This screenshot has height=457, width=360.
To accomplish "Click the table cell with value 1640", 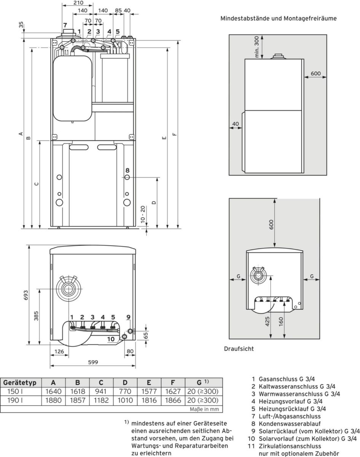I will click(53, 391).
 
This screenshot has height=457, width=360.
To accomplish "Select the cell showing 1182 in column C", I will click(101, 400).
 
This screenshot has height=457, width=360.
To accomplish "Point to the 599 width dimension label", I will click(93, 362).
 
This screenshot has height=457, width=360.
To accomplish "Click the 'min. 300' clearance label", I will click(257, 47).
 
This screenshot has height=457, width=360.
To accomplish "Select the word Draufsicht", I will click(239, 348).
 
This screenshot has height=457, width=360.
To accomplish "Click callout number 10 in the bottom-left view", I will click(111, 339).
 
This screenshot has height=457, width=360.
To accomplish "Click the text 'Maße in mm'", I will click(205, 409).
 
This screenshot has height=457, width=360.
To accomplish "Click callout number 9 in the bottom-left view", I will click(128, 317).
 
